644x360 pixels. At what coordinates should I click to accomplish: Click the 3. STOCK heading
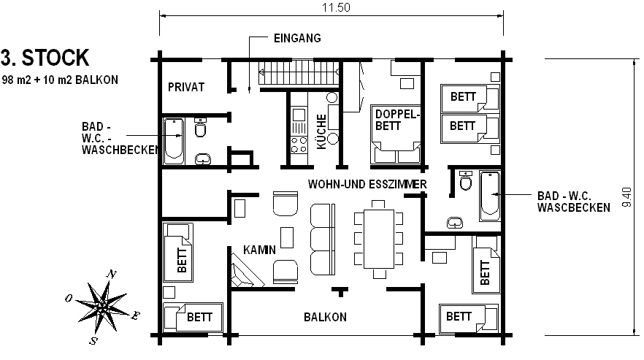pos(45,58)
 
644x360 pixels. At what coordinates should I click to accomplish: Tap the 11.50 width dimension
pos(336,7)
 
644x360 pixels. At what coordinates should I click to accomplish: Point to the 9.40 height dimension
pos(626,197)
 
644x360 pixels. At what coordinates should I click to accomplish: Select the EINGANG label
pos(297,38)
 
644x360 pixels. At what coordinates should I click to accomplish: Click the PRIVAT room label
pos(186,87)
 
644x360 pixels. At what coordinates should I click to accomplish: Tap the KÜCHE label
pos(321,131)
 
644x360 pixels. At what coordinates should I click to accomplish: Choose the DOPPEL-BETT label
pos(397,120)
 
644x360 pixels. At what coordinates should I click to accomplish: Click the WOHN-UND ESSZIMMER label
pos(367,184)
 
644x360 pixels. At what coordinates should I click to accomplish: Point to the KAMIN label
pos(260,250)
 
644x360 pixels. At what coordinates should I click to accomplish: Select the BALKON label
pos(326,317)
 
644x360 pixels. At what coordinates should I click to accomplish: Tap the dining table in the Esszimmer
pos(379,239)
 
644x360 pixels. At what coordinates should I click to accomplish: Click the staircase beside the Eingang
pos(299,73)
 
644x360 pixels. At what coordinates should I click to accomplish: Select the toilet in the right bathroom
pos(466,181)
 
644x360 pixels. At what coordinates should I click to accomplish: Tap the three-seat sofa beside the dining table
pos(323,240)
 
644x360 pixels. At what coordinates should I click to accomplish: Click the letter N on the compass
pos(111,274)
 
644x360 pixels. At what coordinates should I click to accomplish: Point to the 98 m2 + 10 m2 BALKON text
pos(60,80)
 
